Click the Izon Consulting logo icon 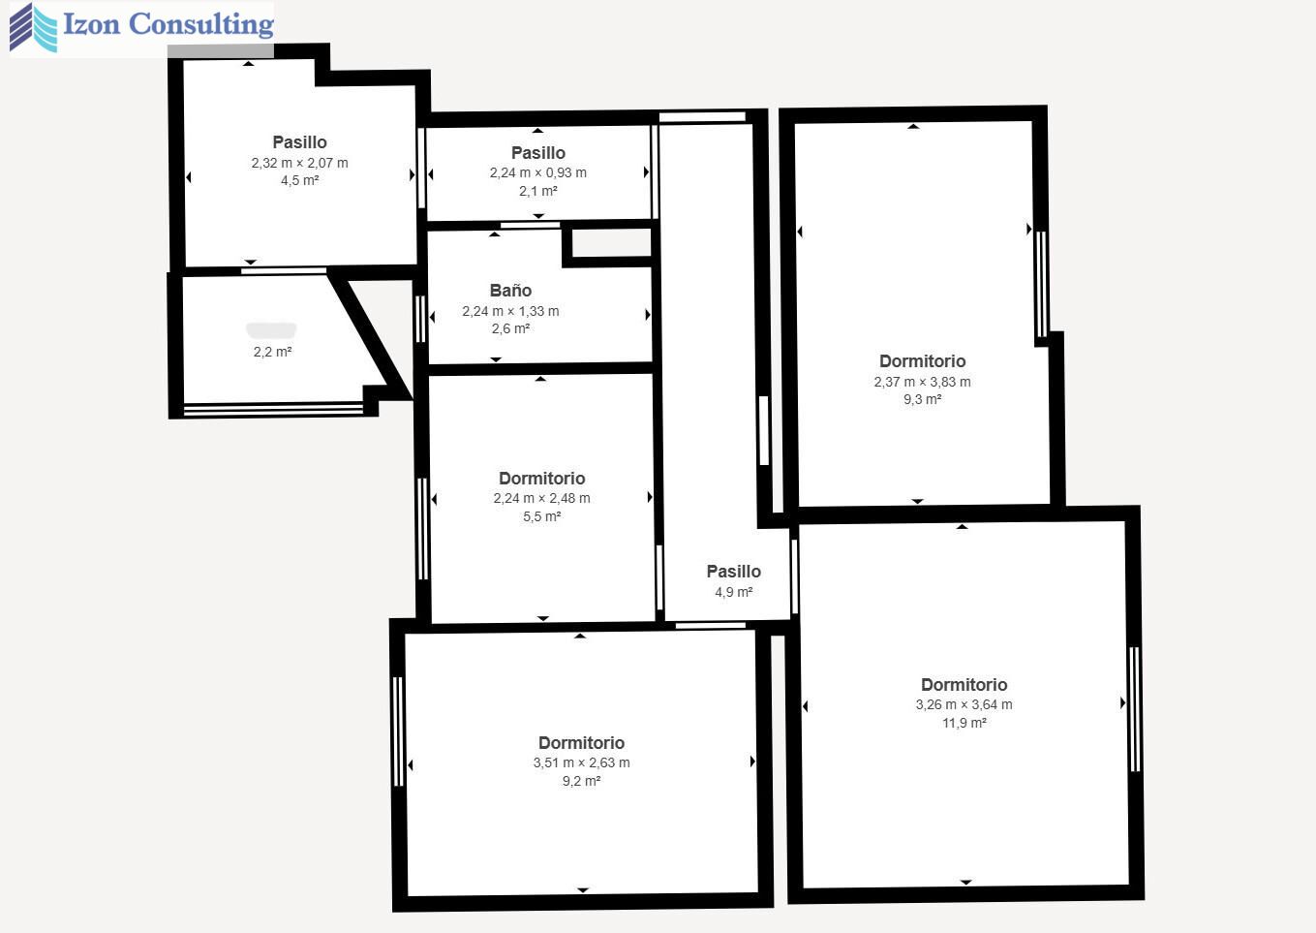(x=34, y=28)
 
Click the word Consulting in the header (x=200, y=25)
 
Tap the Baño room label (x=510, y=291)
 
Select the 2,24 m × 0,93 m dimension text (x=538, y=172)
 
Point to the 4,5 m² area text (x=299, y=180)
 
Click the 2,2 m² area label (x=273, y=352)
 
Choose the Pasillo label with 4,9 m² (x=734, y=572)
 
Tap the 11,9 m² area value (x=964, y=723)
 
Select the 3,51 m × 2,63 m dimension (x=582, y=762)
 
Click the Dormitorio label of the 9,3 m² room (x=923, y=361)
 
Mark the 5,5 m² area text (x=541, y=516)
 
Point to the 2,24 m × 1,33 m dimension (x=510, y=311)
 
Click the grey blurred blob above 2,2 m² (x=271, y=330)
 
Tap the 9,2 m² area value (x=582, y=781)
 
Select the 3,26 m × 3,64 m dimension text (x=964, y=704)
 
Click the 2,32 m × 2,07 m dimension (x=299, y=163)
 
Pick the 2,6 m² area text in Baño (x=510, y=328)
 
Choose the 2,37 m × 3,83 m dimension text (x=923, y=382)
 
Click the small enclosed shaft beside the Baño (x=611, y=243)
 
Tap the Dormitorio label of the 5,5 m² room (x=541, y=478)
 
